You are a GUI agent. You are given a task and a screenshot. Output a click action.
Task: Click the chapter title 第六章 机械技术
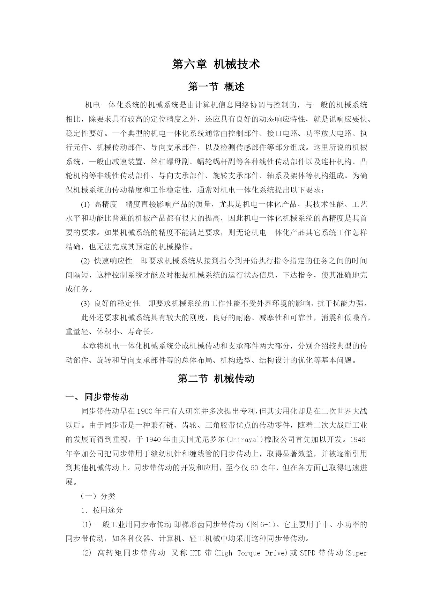216,64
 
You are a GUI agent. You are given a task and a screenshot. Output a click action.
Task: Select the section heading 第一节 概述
216,87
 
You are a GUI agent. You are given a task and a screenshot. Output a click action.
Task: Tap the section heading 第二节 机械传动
216,379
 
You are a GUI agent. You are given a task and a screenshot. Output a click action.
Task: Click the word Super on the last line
357,553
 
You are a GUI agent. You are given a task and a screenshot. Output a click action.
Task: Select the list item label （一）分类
98,496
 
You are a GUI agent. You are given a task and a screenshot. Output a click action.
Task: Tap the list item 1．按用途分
102,510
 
